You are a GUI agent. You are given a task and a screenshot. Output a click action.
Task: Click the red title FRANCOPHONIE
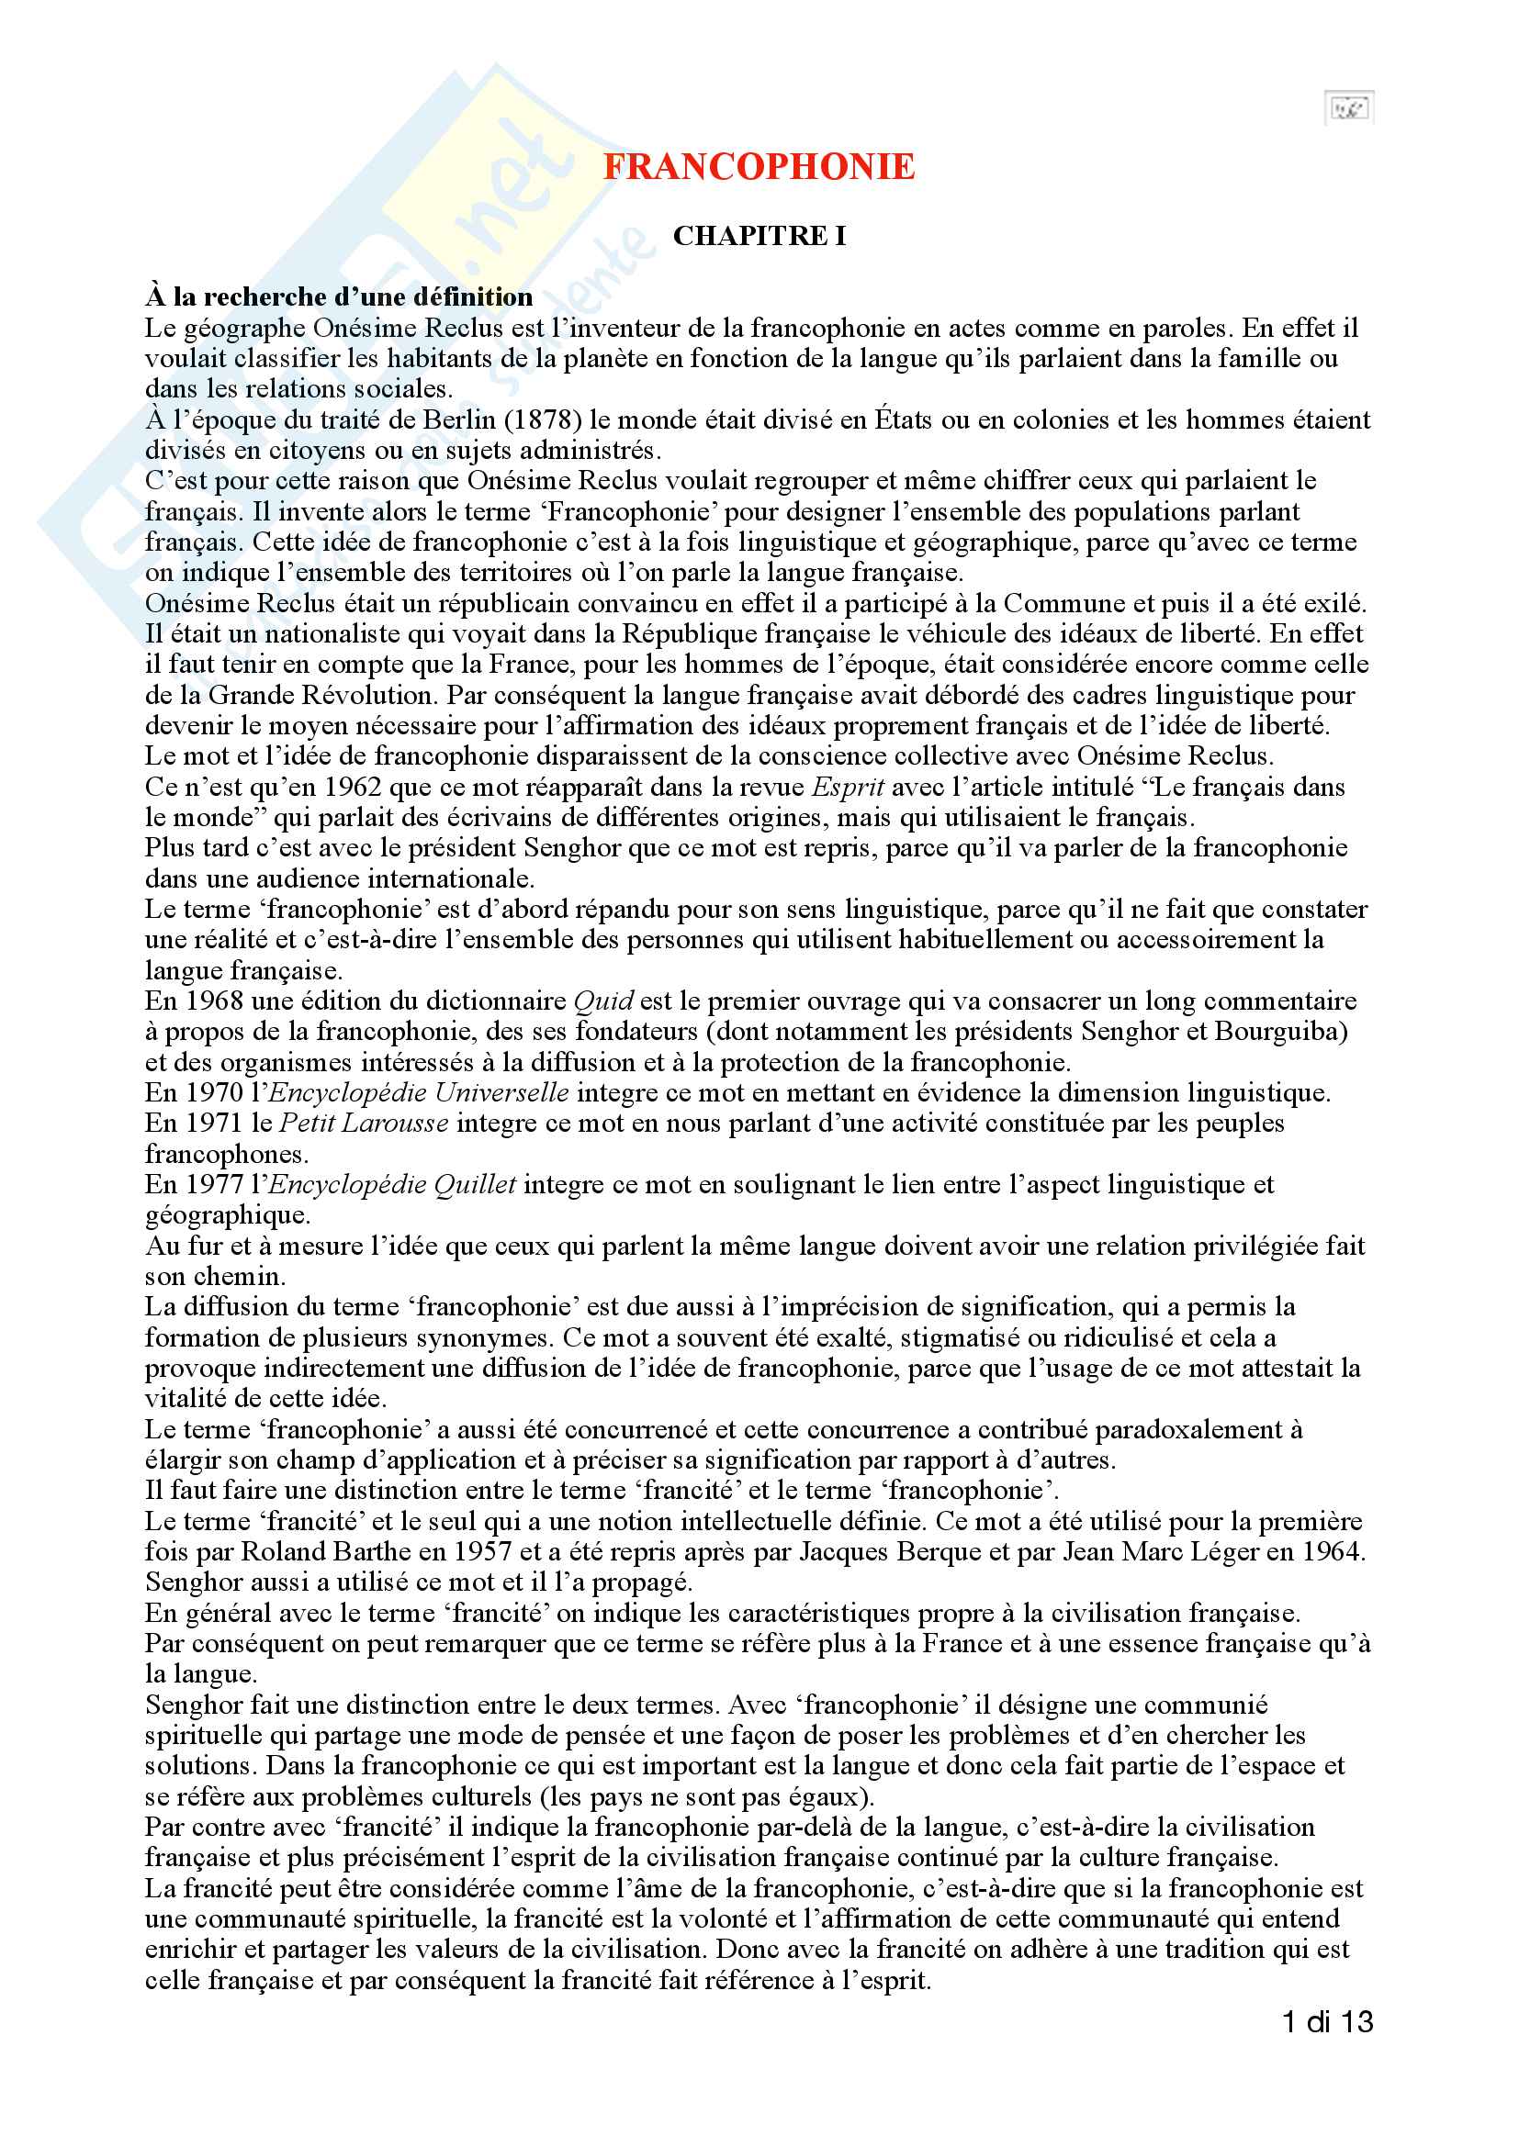click(x=759, y=167)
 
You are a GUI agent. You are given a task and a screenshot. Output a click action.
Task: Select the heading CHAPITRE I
click(x=759, y=236)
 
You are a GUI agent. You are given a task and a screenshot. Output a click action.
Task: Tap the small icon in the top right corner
click(x=1348, y=108)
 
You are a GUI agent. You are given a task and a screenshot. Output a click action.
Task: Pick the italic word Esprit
click(x=848, y=788)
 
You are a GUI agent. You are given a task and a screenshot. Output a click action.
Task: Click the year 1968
click(x=212, y=1001)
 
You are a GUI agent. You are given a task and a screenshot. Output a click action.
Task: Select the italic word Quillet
click(x=471, y=1185)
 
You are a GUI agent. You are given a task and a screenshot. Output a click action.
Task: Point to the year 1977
click(x=212, y=1185)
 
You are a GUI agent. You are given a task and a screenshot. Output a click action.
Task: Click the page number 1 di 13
click(x=1327, y=2021)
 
